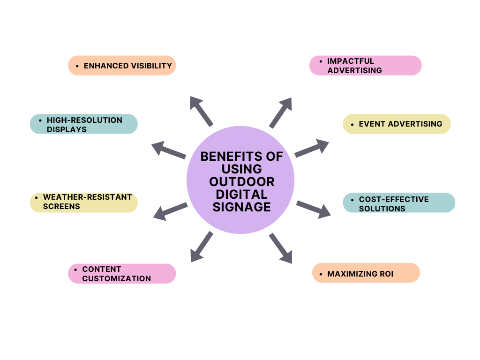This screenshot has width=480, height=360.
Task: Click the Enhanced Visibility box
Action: (122, 66)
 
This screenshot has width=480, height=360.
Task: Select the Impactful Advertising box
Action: (365, 66)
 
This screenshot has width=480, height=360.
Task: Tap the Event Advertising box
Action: (397, 124)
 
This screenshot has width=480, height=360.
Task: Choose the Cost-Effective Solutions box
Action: (399, 203)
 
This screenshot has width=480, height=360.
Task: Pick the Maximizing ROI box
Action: (366, 273)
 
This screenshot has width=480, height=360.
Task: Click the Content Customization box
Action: (122, 274)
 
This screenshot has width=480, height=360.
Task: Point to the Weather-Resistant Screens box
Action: (84, 202)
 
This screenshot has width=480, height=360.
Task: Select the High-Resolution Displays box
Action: (84, 124)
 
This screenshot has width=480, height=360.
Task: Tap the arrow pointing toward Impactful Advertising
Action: (281, 112)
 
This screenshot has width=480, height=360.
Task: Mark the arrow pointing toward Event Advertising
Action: (312, 148)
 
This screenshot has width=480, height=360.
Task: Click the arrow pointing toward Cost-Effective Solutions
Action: (313, 209)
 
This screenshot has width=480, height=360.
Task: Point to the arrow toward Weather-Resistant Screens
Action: (170, 211)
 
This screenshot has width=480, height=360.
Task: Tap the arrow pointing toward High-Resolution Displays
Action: (169, 150)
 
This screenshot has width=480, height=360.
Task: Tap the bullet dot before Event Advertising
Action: (352, 125)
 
